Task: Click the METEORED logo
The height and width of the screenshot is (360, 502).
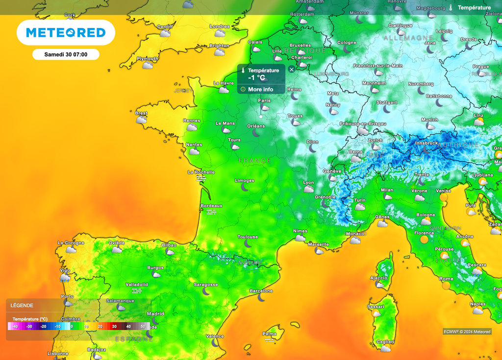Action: (x=66, y=33)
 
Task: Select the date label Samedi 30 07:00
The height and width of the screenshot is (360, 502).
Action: (x=66, y=54)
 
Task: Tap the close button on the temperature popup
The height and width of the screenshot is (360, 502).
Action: (x=292, y=70)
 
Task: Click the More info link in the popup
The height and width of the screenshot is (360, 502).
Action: (x=260, y=90)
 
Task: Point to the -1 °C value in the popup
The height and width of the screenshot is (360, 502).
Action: (x=256, y=78)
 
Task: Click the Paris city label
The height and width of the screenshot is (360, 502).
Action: (x=264, y=100)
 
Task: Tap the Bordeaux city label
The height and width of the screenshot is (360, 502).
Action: (x=212, y=206)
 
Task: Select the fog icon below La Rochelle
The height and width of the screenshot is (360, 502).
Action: (x=201, y=179)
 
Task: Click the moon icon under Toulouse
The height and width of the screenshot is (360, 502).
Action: (x=249, y=243)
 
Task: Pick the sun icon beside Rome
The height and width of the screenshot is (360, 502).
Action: (x=446, y=285)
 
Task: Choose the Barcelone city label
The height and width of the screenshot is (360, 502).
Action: (x=261, y=291)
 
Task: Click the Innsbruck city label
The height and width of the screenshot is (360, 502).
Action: (x=426, y=143)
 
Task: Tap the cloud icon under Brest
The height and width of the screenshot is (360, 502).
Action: (x=141, y=120)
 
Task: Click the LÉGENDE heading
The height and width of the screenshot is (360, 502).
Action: (x=22, y=305)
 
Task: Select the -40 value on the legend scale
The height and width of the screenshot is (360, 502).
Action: (x=15, y=326)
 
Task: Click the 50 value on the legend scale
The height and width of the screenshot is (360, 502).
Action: (x=143, y=326)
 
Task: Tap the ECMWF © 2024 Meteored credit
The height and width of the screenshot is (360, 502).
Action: (x=467, y=332)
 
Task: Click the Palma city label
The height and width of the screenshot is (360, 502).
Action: (x=269, y=334)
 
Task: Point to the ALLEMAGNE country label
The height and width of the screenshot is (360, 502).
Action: (x=408, y=38)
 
